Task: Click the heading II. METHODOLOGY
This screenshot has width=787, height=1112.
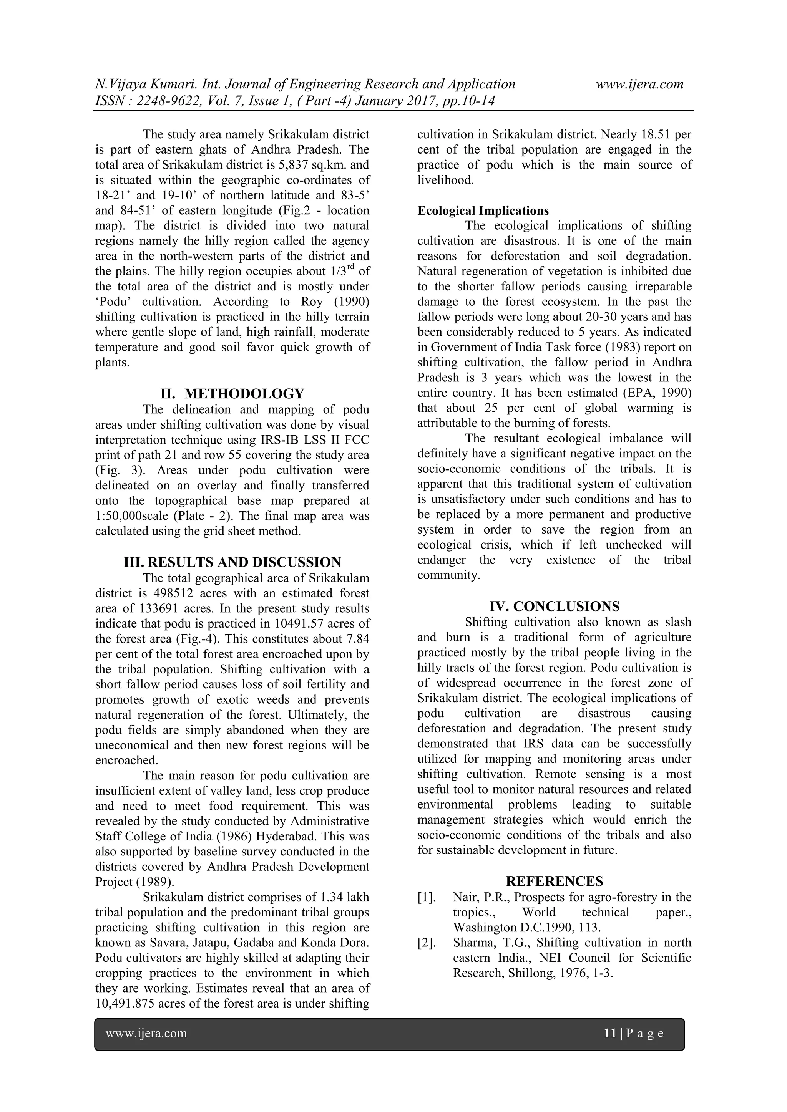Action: point(232,393)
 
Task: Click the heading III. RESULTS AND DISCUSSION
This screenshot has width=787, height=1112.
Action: point(232,562)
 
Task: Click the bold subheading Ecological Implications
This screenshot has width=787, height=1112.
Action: point(483,210)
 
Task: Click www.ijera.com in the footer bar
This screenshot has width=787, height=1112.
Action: point(146,1034)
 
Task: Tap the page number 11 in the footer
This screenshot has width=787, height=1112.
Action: point(609,1034)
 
